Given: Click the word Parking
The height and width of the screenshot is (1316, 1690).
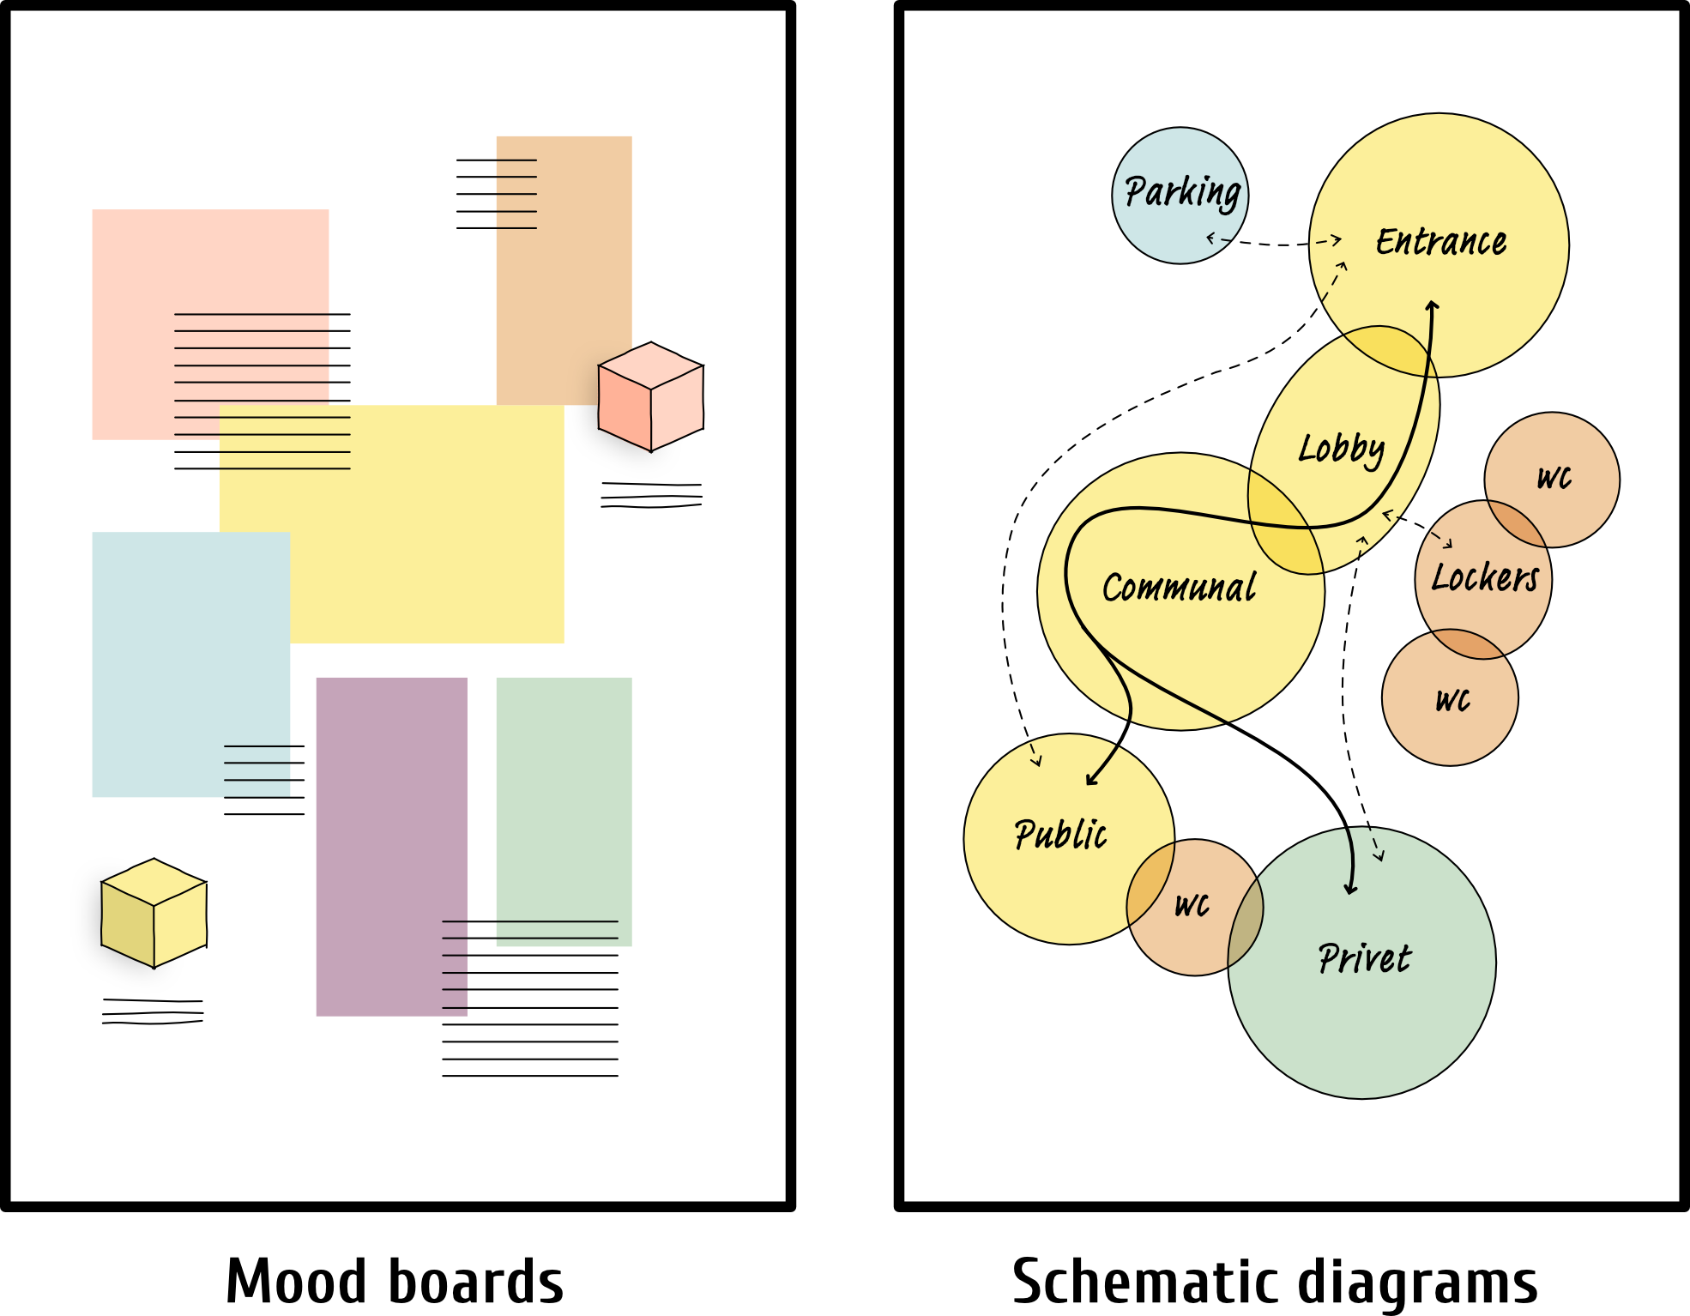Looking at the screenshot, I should coord(1182,192).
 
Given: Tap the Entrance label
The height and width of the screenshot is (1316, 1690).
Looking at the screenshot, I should coord(1441,242).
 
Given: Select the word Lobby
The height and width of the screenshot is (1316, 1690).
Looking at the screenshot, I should coord(1341,449).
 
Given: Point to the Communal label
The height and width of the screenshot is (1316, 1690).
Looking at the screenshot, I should coord(1179,589).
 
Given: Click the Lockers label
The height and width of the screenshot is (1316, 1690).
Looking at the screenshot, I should coord(1485,577).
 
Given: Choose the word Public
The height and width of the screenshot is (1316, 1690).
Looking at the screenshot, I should coord(1060,835).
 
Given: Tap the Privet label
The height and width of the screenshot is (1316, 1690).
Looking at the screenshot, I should coord(1364,958).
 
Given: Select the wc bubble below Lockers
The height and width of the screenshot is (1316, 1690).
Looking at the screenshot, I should coord(1452,700).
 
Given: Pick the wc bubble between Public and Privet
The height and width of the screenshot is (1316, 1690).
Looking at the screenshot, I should coord(1192,905).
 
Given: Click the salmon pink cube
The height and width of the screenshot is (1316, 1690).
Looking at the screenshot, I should coord(650,396).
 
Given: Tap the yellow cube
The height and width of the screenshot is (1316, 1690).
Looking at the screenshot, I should coord(154,913).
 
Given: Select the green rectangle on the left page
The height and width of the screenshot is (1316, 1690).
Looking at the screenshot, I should coord(564,811).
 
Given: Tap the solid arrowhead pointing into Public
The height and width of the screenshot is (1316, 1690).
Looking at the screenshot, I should coord(1090,780).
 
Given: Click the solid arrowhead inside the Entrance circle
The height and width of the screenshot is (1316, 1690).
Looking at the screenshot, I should coord(1432,305).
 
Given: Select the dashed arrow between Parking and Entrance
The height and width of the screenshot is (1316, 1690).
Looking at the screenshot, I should coord(1274,243).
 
